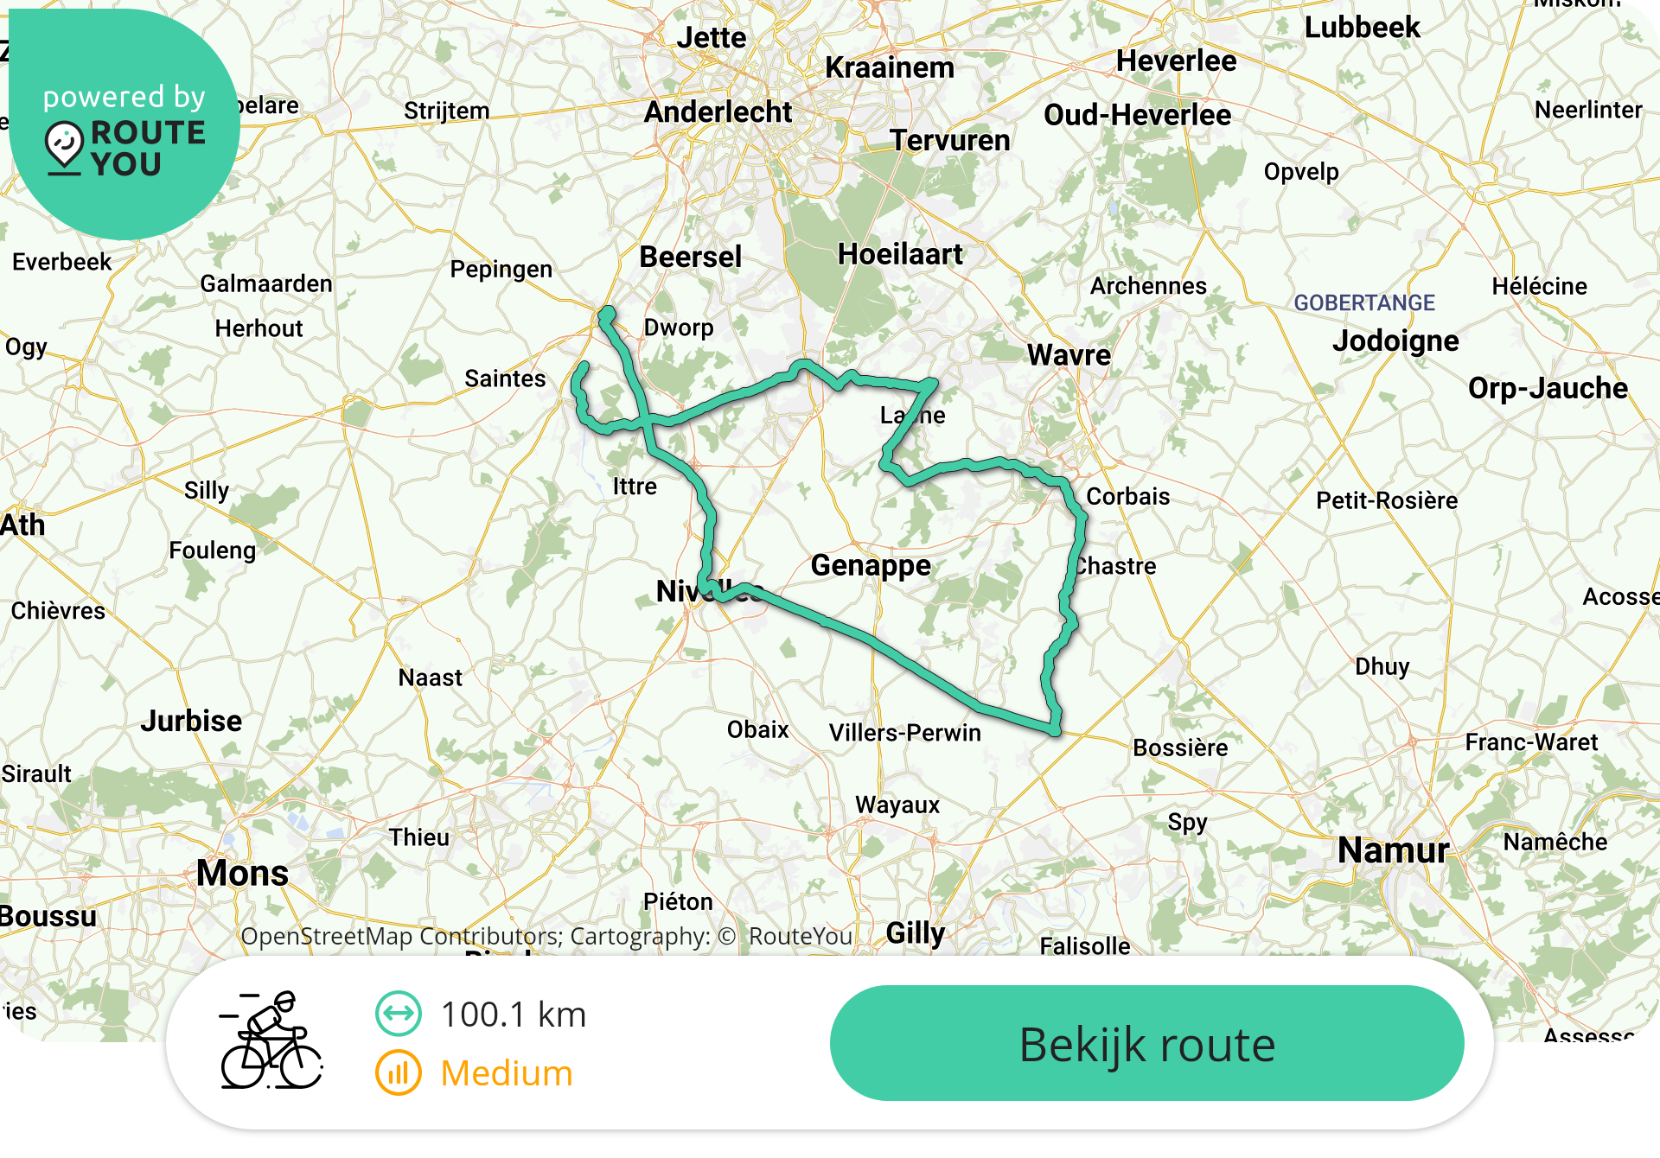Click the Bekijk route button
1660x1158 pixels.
pos(1146,1044)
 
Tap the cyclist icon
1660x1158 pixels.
pos(271,1040)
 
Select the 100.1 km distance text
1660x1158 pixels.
pos(513,1015)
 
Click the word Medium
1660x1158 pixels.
pos(507,1073)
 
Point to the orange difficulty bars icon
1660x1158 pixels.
pos(398,1073)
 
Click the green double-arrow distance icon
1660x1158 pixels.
pos(398,1014)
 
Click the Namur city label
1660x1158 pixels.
pos(1393,850)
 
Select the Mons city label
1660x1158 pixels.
pos(242,873)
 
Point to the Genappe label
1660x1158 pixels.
pos(871,565)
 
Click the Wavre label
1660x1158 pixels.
pos(1069,355)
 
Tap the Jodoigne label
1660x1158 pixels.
pos(1395,340)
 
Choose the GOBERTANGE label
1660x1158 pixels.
pos(1363,302)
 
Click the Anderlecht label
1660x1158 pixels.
pos(718,112)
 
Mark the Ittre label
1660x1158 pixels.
pos(635,487)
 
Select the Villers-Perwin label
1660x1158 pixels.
pos(905,733)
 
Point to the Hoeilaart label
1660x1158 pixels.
pos(900,254)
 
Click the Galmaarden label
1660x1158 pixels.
pos(266,283)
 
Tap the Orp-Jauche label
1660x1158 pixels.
pos(1548,388)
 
